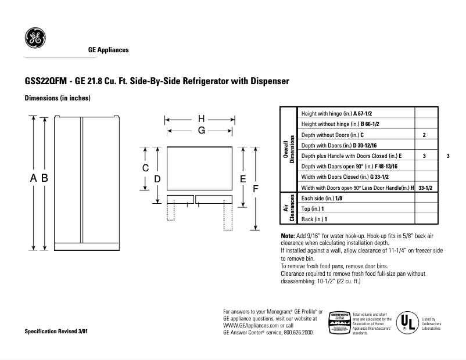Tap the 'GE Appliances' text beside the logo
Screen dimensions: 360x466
point(108,50)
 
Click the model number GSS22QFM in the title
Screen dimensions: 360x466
point(44,81)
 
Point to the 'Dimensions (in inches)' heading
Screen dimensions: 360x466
point(57,98)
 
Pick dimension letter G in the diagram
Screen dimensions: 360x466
point(202,131)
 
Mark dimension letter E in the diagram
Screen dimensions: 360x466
point(243,179)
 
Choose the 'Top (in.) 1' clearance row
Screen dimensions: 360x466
point(313,208)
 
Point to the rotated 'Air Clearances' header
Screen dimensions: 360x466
point(289,208)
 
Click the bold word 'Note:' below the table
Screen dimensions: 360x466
point(288,235)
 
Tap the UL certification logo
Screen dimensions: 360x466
point(408,321)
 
